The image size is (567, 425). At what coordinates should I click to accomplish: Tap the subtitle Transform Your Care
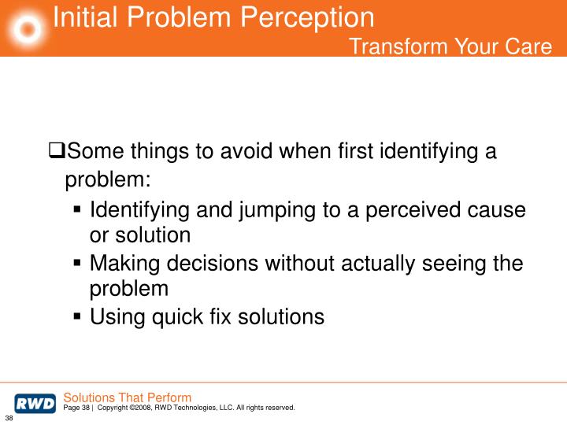[x=450, y=47]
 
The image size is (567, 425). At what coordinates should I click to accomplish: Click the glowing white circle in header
[x=27, y=29]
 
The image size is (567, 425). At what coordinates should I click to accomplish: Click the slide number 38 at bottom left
[x=9, y=417]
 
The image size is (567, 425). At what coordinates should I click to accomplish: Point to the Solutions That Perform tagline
[x=127, y=397]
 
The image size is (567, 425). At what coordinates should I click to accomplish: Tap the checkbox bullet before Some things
[x=56, y=151]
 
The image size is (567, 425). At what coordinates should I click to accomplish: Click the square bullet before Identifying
[x=78, y=210]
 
